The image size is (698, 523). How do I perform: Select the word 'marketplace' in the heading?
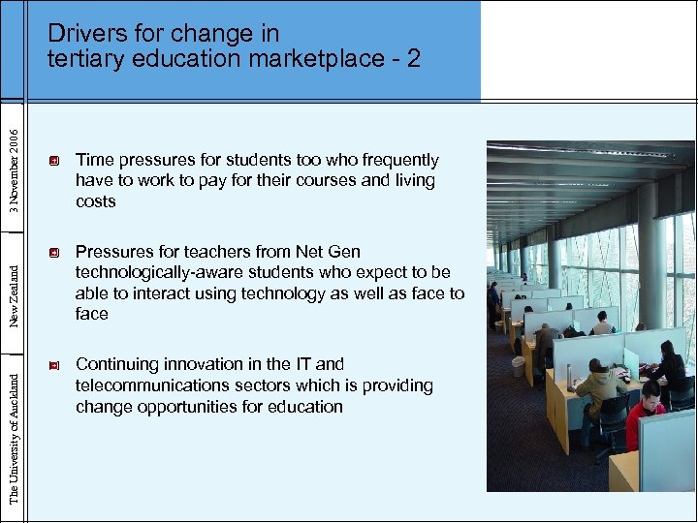315,59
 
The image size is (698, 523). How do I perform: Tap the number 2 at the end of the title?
414,59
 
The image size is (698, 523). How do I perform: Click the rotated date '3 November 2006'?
13,160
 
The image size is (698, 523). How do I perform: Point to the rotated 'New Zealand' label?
13,287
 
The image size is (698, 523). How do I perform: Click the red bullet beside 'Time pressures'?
55,160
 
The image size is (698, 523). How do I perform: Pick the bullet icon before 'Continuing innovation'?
55,365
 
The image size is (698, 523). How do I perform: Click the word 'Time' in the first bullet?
95,160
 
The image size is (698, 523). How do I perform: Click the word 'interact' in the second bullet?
151,293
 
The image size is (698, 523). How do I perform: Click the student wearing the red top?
645,412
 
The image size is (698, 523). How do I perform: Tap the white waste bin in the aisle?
519,366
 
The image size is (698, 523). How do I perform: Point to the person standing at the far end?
494,295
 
